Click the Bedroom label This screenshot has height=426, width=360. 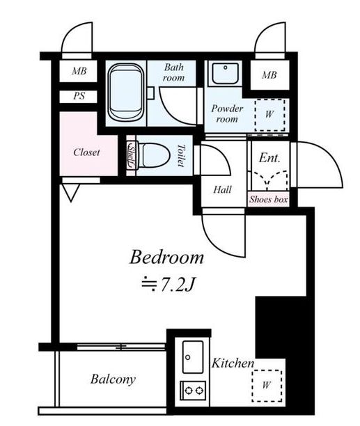click(166, 258)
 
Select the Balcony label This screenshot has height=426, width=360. click(113, 379)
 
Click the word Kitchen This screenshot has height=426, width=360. click(233, 363)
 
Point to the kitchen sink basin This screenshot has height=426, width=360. click(193, 356)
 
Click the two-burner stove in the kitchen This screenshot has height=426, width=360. click(193, 390)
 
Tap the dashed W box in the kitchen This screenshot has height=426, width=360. click(267, 386)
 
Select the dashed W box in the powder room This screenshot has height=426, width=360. click(269, 115)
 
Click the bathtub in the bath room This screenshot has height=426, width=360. click(125, 93)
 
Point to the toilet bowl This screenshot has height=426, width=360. click(153, 155)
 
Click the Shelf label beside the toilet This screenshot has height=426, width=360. click(131, 155)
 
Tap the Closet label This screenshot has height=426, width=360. click(86, 152)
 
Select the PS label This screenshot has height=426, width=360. click(79, 96)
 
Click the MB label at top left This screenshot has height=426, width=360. click(79, 71)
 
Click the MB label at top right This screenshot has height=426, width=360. click(269, 75)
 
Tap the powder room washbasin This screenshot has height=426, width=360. click(225, 74)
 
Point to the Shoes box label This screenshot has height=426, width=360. click(269, 199)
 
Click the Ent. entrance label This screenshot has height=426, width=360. click(269, 158)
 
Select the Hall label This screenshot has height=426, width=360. click(223, 189)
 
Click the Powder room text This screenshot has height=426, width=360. click(227, 114)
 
